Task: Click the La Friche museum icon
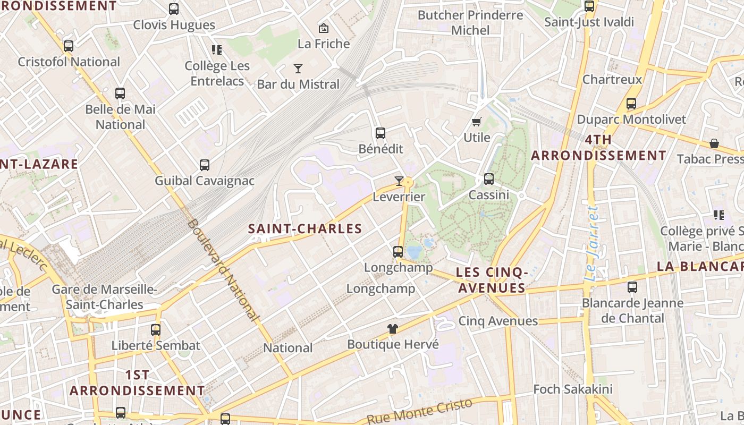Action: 323,28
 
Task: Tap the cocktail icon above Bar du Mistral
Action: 298,68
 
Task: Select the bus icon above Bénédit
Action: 381,133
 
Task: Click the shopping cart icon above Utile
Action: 477,122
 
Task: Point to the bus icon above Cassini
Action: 489,179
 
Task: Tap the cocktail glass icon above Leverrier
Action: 399,181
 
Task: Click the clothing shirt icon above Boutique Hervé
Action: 393,329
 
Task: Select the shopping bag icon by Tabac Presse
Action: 714,143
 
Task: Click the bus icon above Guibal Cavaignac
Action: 205,165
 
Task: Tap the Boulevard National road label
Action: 223,270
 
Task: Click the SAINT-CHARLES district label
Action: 305,229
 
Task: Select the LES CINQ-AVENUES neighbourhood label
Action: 492,280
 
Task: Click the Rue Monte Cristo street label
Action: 419,411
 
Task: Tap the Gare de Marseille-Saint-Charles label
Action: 105,297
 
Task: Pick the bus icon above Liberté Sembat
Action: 156,329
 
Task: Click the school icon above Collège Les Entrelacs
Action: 217,50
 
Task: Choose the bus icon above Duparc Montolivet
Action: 631,104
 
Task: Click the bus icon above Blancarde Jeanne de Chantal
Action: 632,287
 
